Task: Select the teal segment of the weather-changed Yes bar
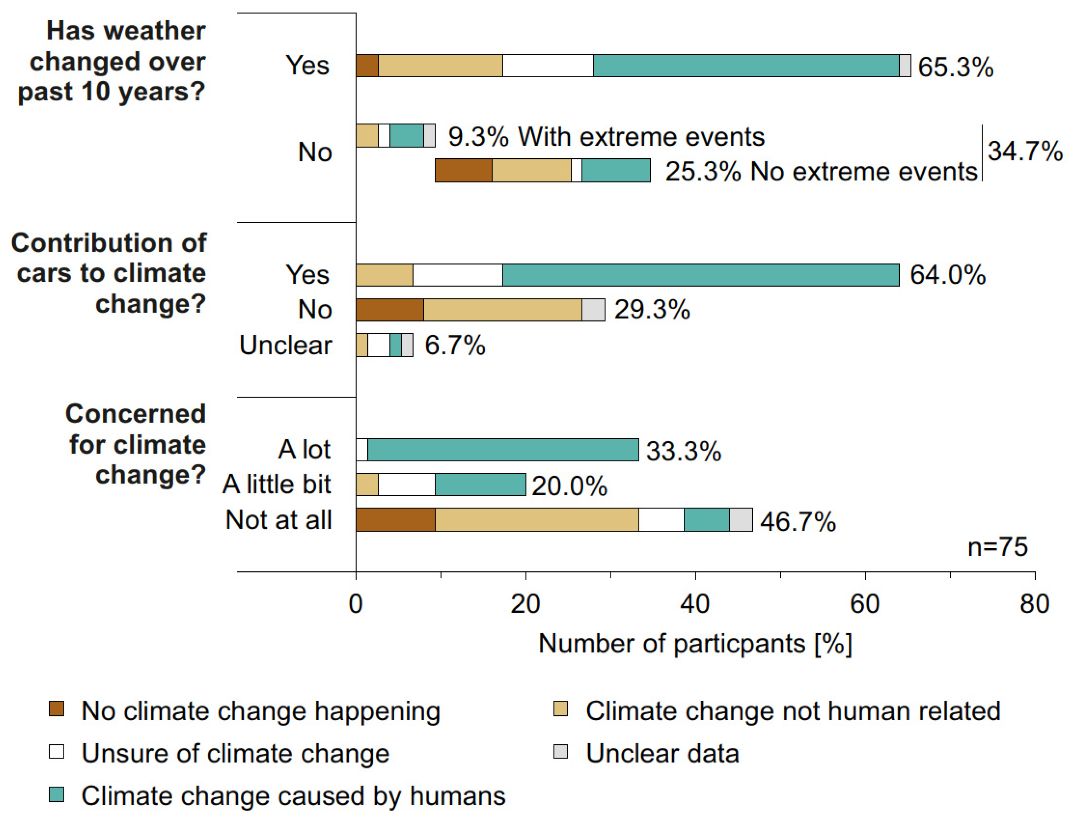point(746,66)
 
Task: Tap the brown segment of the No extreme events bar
point(463,171)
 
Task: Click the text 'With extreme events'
point(641,137)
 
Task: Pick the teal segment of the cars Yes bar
point(701,275)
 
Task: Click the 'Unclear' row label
point(286,345)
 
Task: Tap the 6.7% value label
point(455,345)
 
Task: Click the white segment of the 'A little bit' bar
point(407,484)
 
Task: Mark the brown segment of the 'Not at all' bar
point(395,520)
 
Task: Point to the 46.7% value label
point(798,521)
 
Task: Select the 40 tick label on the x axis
point(695,604)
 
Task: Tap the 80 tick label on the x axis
point(1034,604)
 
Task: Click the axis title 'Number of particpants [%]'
point(695,644)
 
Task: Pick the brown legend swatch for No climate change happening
point(57,709)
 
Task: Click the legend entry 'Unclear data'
point(662,753)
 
